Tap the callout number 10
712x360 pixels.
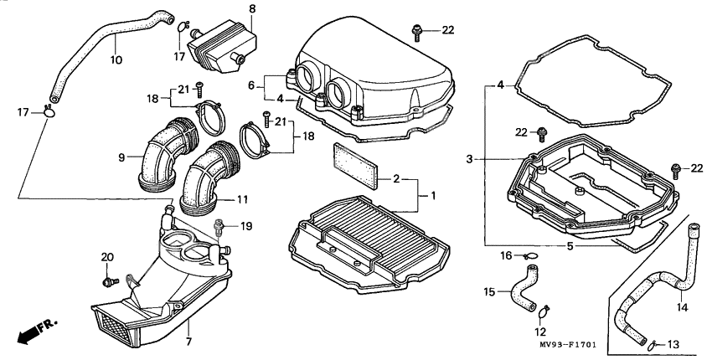pyautogui.click(x=116, y=59)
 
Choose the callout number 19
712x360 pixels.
pyautogui.click(x=246, y=226)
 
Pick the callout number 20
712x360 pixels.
pyautogui.click(x=106, y=256)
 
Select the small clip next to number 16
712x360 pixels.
pyautogui.click(x=531, y=255)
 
